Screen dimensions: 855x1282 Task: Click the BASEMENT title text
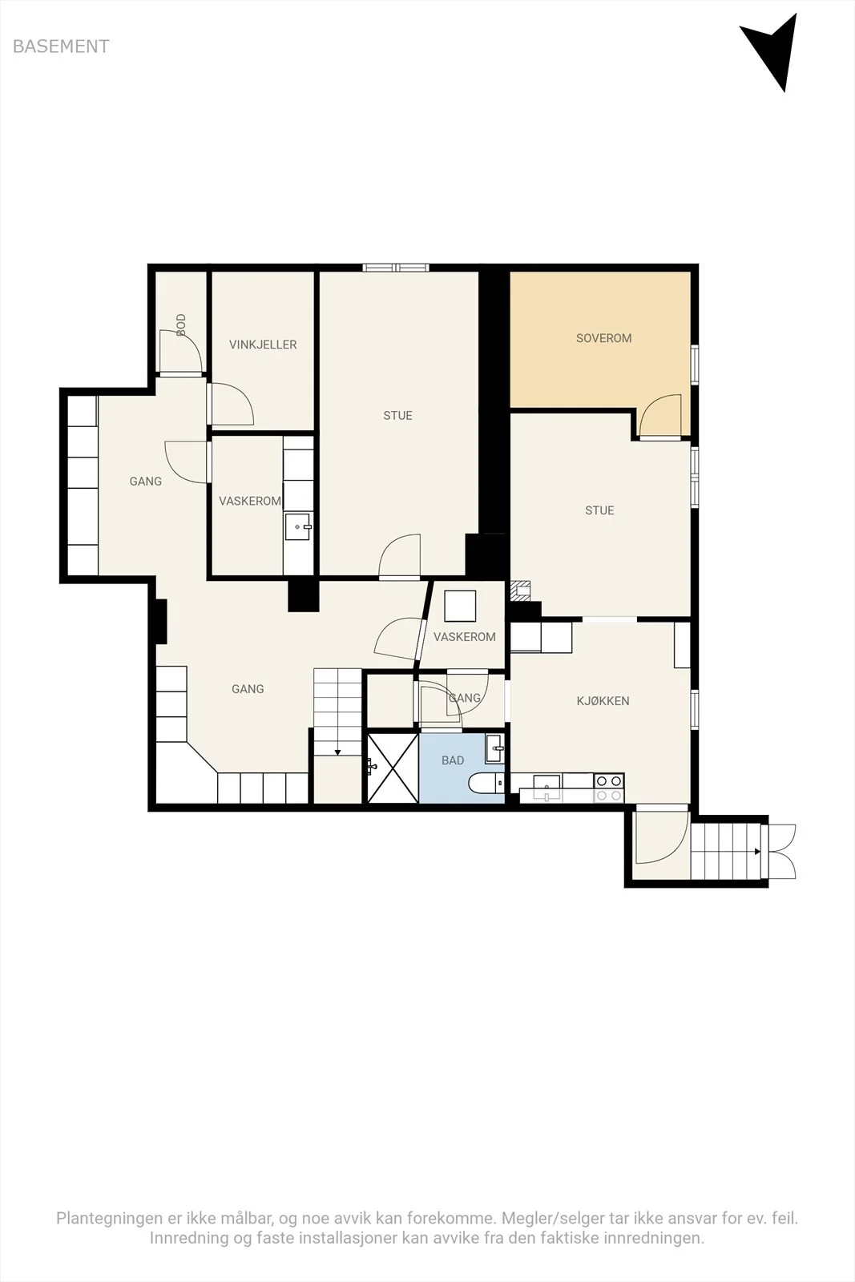tap(61, 46)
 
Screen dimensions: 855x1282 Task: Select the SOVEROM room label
tap(603, 338)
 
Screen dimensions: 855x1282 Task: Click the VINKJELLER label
tap(263, 345)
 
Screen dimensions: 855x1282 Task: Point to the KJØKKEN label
tap(603, 701)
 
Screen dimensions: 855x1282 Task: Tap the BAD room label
tap(453, 760)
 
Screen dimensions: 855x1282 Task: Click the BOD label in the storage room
tap(181, 325)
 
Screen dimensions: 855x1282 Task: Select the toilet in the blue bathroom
tap(486, 784)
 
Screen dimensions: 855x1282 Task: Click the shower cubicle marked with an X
tap(393, 768)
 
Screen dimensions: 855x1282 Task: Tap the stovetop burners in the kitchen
tap(609, 788)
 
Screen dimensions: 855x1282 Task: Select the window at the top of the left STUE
tap(396, 268)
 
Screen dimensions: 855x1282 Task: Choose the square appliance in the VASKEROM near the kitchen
tap(460, 606)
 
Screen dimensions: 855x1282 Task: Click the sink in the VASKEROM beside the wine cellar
tap(298, 526)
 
